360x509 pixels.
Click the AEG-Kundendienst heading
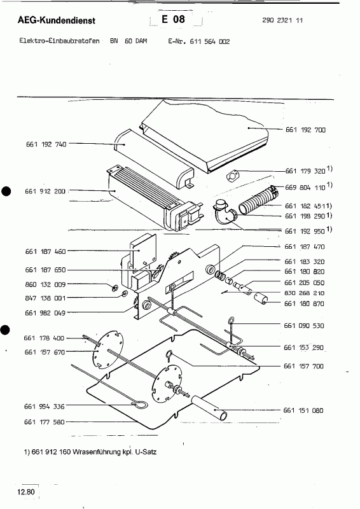click(x=57, y=20)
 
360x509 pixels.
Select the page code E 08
click(x=173, y=19)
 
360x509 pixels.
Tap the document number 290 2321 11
click(x=282, y=20)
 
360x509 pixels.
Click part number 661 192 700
click(x=305, y=130)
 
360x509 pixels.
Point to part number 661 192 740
click(x=46, y=144)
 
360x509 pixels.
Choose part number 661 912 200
click(x=45, y=192)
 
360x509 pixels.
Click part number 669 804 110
click(x=305, y=187)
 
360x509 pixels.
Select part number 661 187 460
click(x=45, y=251)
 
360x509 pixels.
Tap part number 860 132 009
click(x=45, y=284)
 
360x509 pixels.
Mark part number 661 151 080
click(x=303, y=410)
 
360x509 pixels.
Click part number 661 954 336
click(x=45, y=406)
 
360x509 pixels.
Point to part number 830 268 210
click(x=304, y=293)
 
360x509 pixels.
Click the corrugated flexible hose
click(x=258, y=202)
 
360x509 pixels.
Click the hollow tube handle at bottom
click(x=209, y=407)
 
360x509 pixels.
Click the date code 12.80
click(x=26, y=492)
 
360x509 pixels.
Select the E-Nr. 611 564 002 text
click(x=199, y=41)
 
